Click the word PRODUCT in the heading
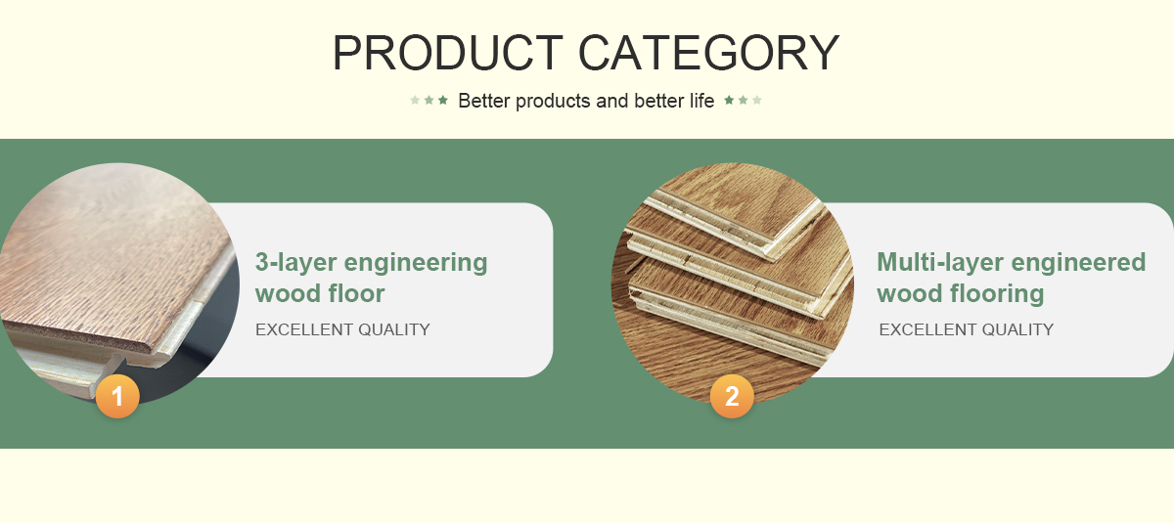coord(448,53)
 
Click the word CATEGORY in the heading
coord(709,53)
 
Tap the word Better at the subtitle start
coord(483,101)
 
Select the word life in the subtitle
coord(701,101)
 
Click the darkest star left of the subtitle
coord(443,100)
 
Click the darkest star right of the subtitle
coord(729,100)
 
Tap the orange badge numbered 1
coord(117,396)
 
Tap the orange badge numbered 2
coord(732,396)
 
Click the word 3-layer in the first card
coord(295,263)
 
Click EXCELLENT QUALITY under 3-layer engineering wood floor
coord(342,329)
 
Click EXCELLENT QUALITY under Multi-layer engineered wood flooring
coord(967,329)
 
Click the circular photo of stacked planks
coord(733,283)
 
